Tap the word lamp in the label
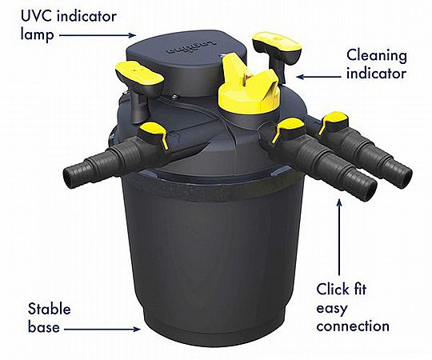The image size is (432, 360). pos(37,35)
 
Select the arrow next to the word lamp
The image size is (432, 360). pos(98,35)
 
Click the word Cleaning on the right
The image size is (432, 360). pos(377,57)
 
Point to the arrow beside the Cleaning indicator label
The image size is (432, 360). pos(318,77)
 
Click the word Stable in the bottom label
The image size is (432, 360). pos(49,309)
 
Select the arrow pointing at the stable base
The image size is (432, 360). pos(102,329)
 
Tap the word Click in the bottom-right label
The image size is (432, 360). pos(333,290)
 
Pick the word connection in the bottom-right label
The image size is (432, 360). pos(353,326)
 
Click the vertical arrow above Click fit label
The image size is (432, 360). pos(339,237)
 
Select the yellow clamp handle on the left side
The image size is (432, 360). pos(138,74)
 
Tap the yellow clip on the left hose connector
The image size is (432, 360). pos(156,133)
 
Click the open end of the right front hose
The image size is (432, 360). pos(368,191)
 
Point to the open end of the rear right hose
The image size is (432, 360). pos(405,175)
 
